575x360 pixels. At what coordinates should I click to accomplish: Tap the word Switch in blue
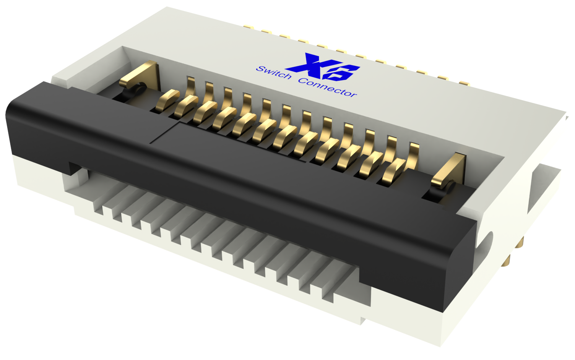(273, 73)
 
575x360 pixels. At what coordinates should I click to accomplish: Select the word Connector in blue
(327, 88)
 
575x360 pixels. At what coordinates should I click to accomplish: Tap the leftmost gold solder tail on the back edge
(249, 27)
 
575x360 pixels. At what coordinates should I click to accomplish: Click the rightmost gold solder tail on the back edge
(463, 83)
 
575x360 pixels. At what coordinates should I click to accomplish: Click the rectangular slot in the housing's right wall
(543, 187)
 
